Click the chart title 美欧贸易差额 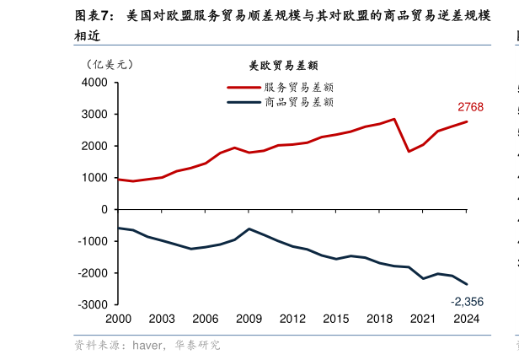(x=283, y=65)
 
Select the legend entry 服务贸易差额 (x=299, y=87)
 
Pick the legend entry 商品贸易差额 (x=299, y=102)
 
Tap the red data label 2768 (x=470, y=107)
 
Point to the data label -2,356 (x=467, y=302)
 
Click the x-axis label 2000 (x=119, y=319)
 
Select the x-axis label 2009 (x=249, y=319)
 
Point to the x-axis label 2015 (x=336, y=319)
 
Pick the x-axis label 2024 (x=466, y=319)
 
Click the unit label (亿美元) (x=110, y=63)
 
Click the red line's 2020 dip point (x=409, y=152)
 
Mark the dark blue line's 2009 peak (x=249, y=228)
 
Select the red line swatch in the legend (x=243, y=87)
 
